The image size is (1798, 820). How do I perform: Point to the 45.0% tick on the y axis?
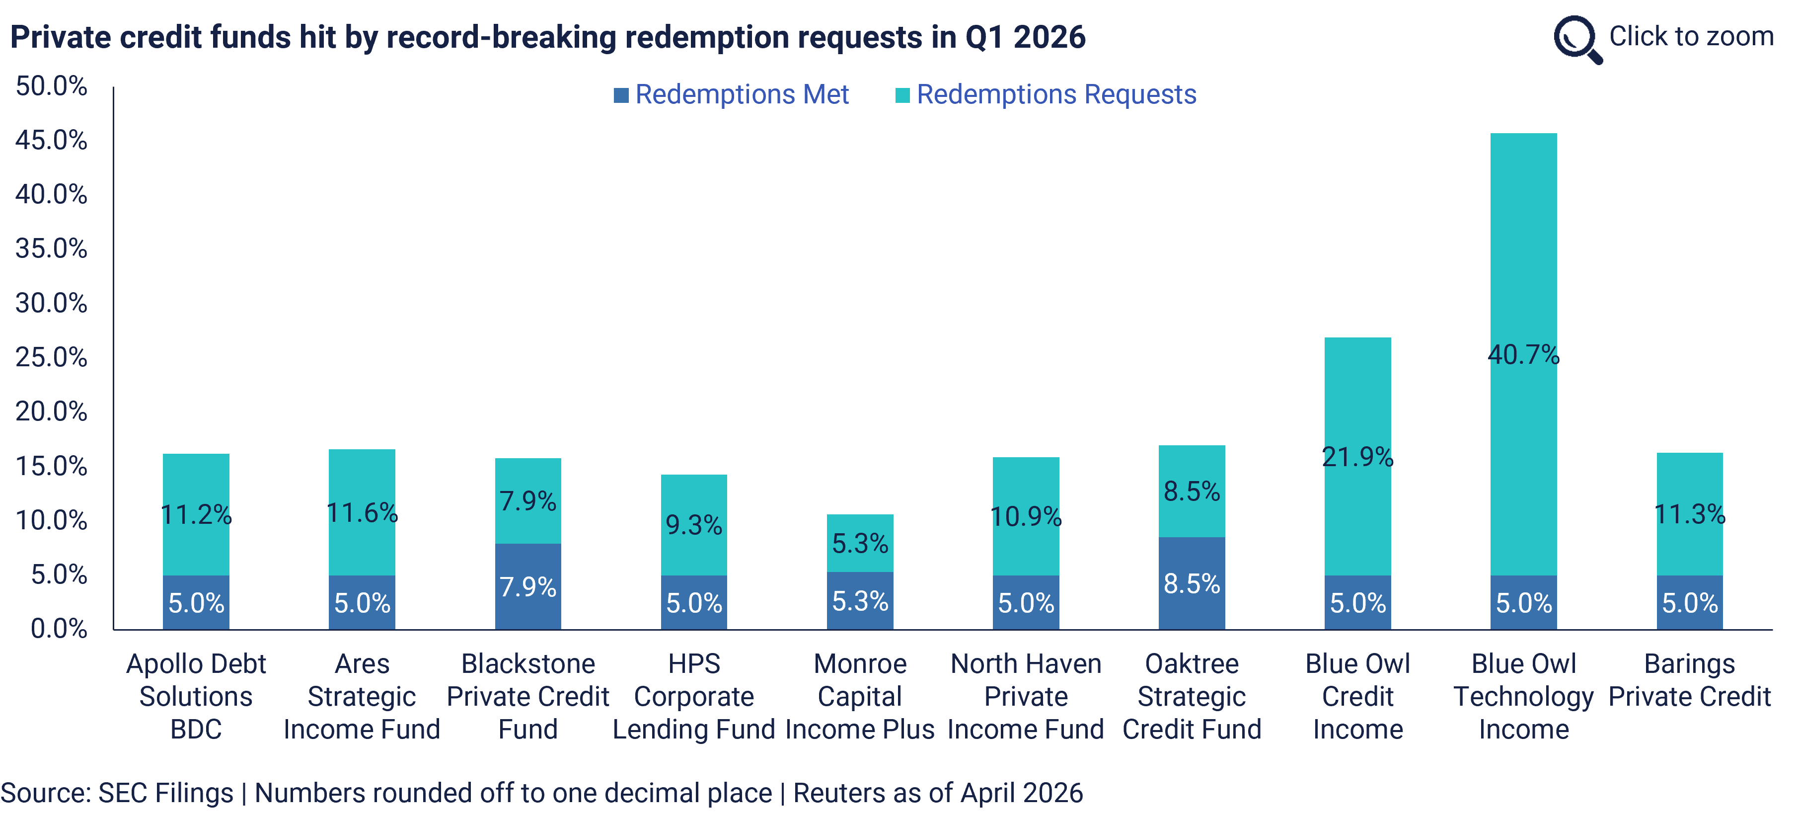click(x=52, y=140)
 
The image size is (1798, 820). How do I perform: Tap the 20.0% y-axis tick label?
click(x=52, y=411)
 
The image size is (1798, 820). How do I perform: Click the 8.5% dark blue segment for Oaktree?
click(x=1192, y=583)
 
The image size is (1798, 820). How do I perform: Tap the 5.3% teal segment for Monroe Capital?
click(x=860, y=543)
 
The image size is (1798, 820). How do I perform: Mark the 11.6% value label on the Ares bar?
click(x=362, y=513)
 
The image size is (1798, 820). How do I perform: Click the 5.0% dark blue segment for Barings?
click(x=1689, y=602)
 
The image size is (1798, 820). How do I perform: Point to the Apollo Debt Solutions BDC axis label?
click(x=196, y=696)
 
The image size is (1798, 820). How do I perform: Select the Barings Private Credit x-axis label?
click(x=1689, y=680)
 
